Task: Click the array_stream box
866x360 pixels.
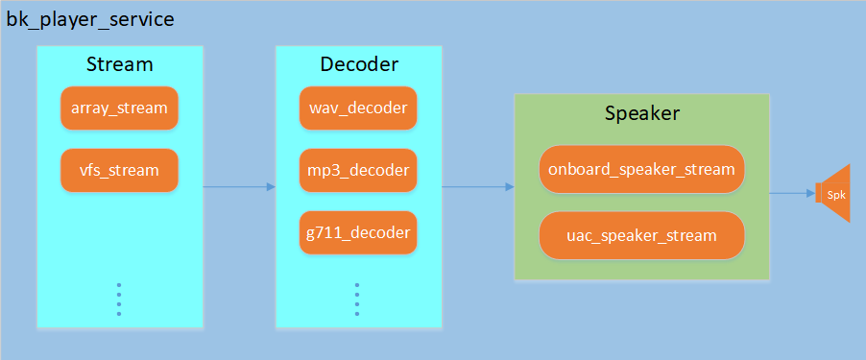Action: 119,108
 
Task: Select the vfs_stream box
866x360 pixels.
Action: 119,171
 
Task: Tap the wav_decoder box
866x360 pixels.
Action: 358,108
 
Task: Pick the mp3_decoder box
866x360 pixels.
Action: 358,171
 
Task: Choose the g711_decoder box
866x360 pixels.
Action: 358,233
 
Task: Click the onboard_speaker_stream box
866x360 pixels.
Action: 641,170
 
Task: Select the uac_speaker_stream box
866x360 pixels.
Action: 641,235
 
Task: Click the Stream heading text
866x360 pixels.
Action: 119,64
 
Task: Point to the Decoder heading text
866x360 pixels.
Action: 358,64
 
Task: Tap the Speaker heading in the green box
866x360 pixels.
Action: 641,113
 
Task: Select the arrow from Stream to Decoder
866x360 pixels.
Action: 239,187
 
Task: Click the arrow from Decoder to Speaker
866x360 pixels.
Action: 477,187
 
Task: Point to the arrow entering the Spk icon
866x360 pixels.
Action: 792,193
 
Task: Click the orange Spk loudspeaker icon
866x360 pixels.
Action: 833,193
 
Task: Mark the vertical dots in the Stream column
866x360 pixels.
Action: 119,299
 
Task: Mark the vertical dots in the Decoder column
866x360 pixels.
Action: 356,299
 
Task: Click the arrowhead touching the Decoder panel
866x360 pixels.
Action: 271,187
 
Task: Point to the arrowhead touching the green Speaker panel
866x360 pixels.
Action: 509,187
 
